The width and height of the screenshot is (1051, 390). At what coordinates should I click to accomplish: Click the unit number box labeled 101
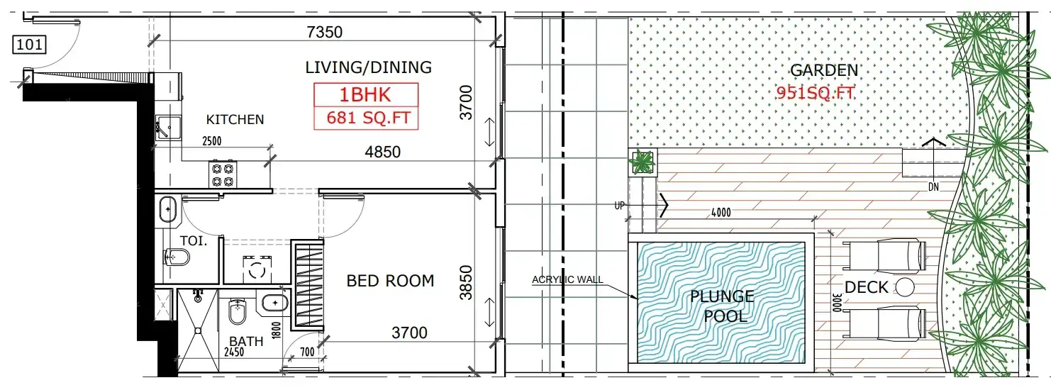30,45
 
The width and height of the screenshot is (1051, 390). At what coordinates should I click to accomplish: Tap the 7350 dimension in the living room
325,33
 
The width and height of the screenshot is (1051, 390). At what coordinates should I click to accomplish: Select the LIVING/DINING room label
368,67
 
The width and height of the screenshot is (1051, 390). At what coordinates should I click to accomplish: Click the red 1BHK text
365,95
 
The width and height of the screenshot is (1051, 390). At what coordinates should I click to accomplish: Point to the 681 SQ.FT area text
369,117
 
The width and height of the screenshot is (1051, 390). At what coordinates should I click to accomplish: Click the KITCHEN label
235,120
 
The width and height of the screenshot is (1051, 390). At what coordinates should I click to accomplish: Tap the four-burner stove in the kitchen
223,174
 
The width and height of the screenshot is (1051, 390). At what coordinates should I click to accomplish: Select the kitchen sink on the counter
167,128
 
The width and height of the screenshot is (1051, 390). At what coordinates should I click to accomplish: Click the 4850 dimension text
383,152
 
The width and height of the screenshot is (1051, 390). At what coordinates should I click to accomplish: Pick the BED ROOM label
390,281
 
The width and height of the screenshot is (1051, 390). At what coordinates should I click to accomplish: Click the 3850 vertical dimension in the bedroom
465,282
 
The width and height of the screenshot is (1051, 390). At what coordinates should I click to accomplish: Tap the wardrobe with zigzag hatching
307,286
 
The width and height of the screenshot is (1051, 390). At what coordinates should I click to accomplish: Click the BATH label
246,341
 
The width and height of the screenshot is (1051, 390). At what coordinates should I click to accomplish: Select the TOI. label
194,241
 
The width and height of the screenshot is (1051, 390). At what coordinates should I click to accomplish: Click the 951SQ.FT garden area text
816,93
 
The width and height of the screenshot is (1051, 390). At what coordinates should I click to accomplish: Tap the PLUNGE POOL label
723,306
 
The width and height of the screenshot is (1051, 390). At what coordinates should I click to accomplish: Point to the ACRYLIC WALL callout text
567,279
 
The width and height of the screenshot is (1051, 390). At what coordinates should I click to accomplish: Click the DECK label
866,287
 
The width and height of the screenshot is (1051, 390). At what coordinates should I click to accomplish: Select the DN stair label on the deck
933,186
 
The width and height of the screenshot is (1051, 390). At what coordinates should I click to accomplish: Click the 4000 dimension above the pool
721,213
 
